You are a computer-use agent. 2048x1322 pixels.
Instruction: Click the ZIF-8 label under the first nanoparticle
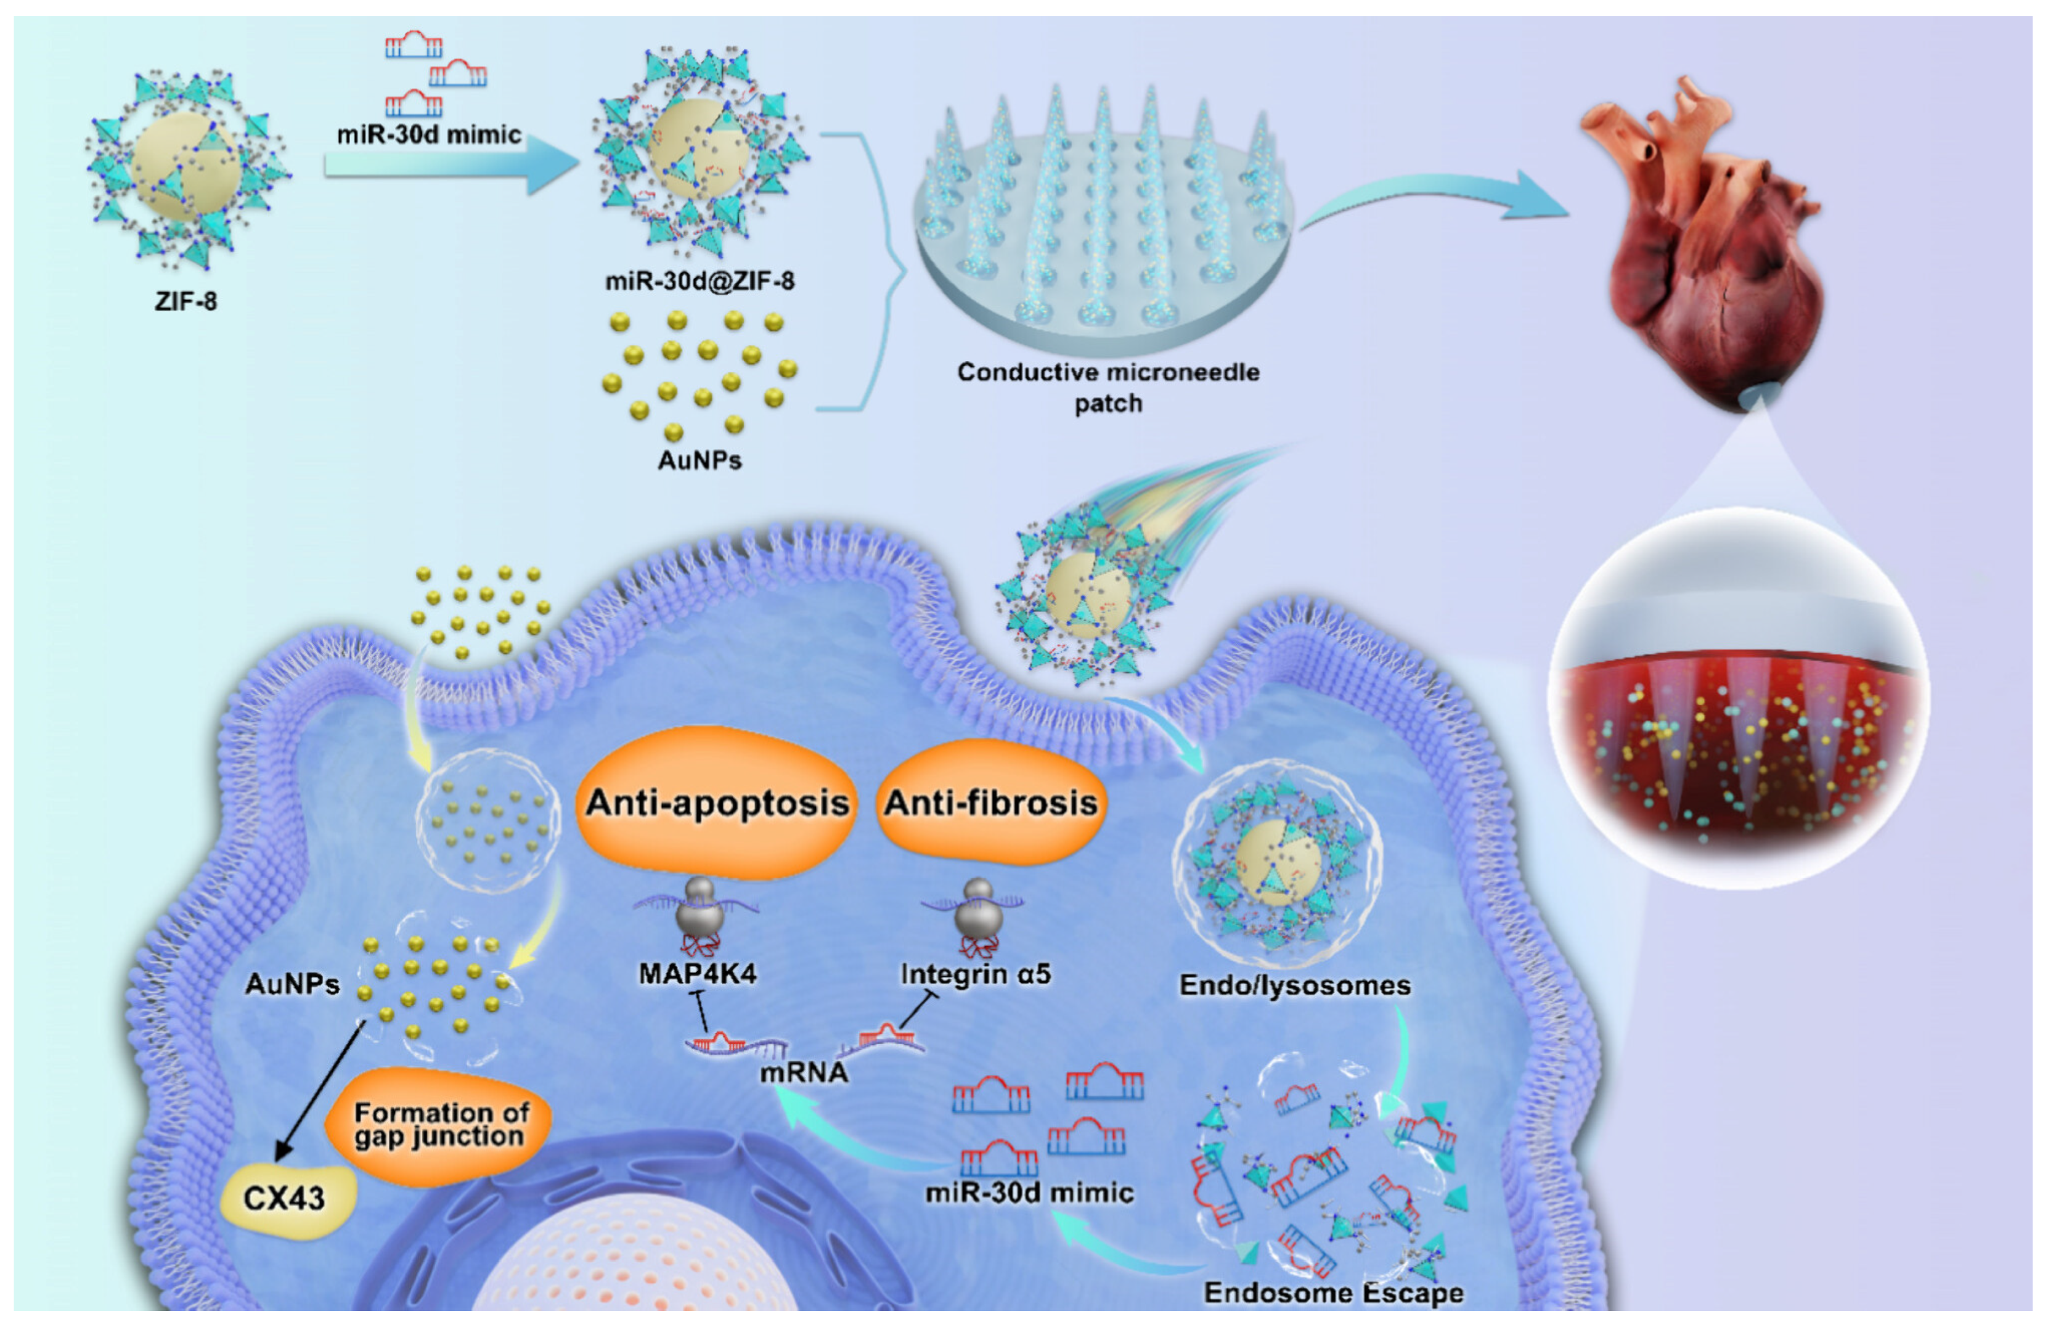[186, 301]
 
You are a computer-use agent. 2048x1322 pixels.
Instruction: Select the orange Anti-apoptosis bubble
[717, 802]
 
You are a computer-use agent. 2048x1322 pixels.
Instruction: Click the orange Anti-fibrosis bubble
[990, 802]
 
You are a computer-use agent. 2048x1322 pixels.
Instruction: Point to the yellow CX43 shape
[287, 1198]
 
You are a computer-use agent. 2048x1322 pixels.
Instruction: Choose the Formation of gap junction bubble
[440, 1125]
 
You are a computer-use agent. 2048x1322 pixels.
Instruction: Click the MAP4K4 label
[698, 974]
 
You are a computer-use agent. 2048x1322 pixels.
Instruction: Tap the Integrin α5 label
[975, 974]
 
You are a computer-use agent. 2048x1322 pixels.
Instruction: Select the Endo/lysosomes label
[1294, 985]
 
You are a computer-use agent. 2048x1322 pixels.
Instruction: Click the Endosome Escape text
[1333, 1292]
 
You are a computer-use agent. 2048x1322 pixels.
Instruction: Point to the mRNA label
[804, 1071]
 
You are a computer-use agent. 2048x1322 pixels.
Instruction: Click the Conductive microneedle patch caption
[1108, 387]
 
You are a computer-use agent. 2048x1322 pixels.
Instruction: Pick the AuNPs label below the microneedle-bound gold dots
[700, 460]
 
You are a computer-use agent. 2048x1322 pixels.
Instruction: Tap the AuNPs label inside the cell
[292, 983]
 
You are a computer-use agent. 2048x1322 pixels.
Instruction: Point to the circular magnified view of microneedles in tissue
[1737, 700]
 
